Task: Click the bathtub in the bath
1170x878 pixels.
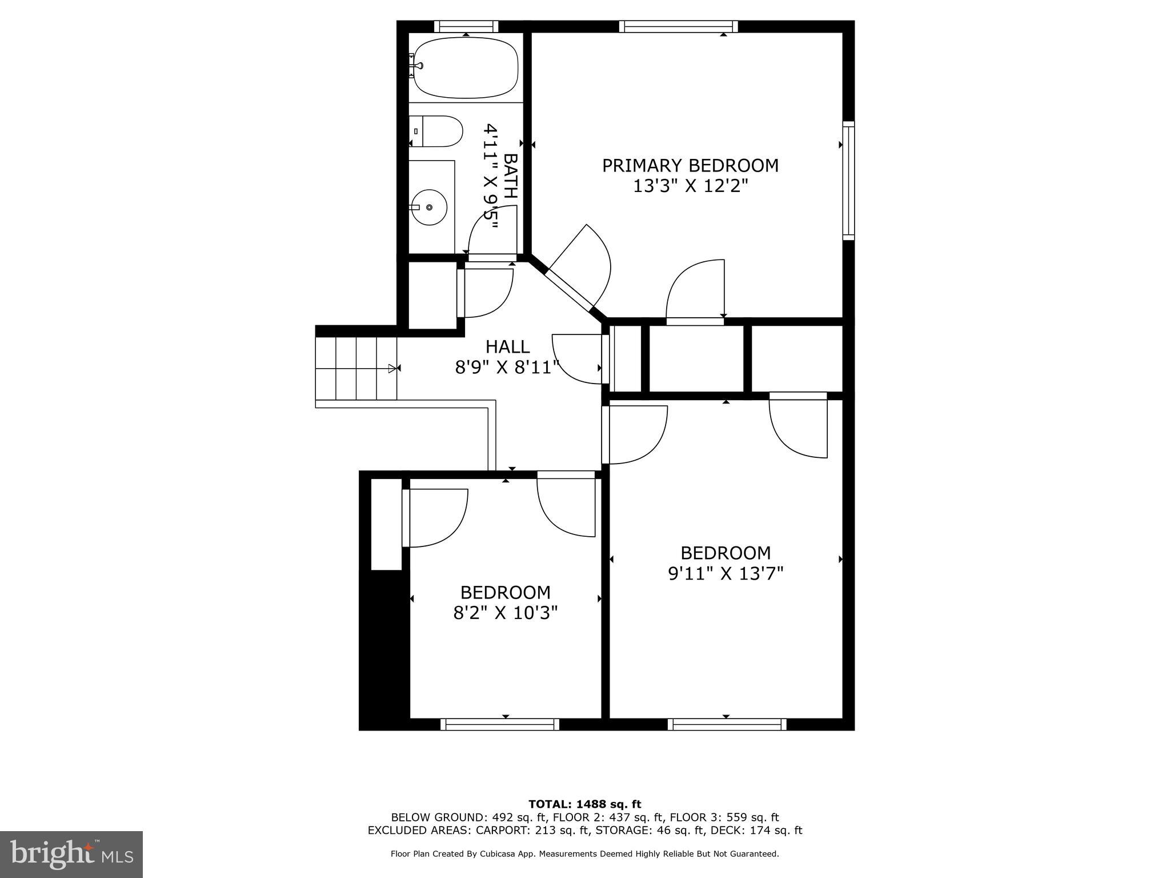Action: (466, 67)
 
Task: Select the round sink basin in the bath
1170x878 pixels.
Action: (429, 207)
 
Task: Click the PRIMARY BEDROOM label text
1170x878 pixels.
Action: (690, 166)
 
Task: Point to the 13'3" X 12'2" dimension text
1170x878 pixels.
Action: (690, 186)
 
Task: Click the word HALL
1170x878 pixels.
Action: (507, 347)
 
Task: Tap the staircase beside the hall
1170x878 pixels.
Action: (356, 368)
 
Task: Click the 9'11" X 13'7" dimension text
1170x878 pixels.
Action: (725, 573)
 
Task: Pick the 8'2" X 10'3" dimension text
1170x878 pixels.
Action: (505, 613)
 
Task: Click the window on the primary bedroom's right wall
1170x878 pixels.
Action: (848, 180)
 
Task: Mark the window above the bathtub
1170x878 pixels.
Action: (466, 26)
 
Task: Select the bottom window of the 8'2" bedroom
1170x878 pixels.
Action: (500, 724)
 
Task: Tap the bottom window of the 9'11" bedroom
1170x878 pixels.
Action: (727, 724)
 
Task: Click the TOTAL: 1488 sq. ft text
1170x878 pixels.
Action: (584, 804)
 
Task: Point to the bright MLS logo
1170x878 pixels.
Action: (71, 854)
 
